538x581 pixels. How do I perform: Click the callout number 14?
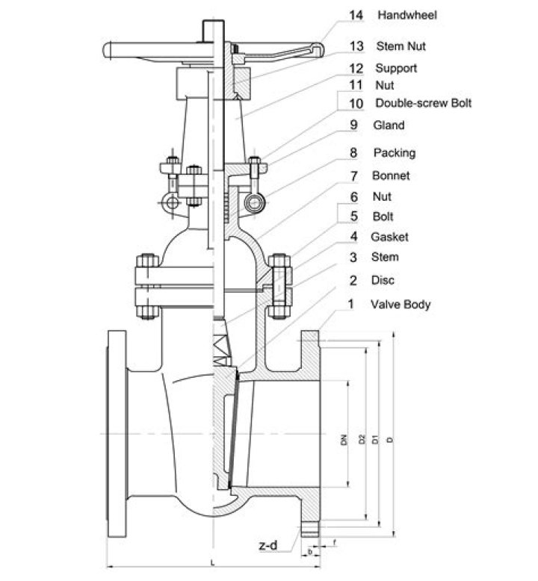coord(356,14)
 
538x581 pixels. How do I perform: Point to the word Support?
coord(396,68)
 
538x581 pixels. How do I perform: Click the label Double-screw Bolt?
coord(423,103)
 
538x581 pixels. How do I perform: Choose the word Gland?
coord(389,125)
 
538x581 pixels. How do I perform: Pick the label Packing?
coord(395,153)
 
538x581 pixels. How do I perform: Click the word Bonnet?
coord(390,176)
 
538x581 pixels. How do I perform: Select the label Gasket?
coord(389,237)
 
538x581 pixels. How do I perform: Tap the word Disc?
coord(383,280)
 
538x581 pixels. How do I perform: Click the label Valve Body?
coord(401,304)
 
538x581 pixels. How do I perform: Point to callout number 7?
coord(355,176)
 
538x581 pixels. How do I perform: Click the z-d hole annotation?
coord(268,546)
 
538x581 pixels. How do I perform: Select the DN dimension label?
coord(344,440)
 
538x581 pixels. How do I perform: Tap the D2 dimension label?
coord(361,440)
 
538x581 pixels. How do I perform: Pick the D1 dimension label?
coord(375,440)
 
